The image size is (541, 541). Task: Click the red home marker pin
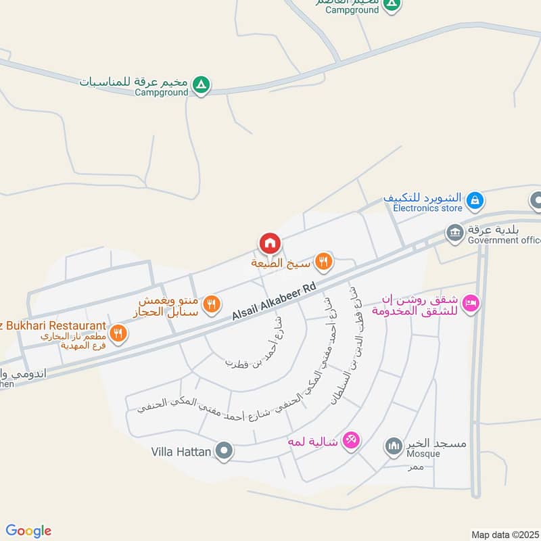click(269, 243)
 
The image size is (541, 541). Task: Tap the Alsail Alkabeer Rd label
click(275, 302)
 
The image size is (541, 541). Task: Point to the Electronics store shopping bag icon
click(475, 199)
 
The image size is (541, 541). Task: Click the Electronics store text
click(428, 208)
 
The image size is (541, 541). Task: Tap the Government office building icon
click(454, 233)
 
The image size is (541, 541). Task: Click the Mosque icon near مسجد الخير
click(393, 446)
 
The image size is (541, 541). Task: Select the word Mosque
click(423, 454)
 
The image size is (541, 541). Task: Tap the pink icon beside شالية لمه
click(350, 440)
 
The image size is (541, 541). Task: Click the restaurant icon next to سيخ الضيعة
click(324, 261)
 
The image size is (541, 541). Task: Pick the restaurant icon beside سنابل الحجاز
click(212, 305)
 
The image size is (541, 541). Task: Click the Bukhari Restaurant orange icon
click(118, 333)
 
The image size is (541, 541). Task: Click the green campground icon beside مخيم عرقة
click(200, 86)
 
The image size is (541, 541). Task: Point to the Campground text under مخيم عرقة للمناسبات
click(161, 93)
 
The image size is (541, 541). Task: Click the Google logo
click(28, 531)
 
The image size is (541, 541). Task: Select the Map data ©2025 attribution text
click(504, 535)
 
